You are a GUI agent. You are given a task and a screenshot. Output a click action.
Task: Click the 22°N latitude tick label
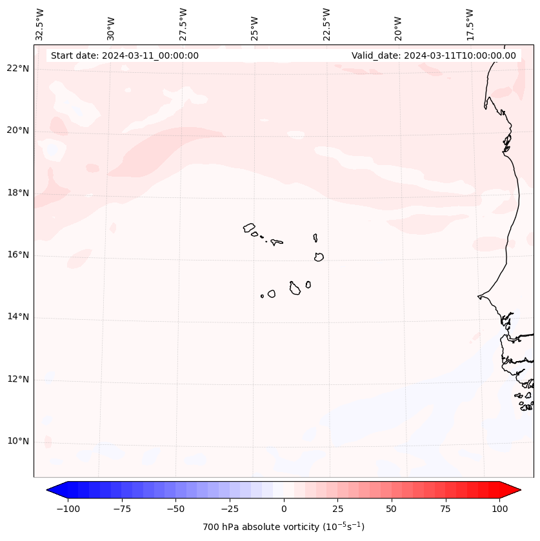[18, 69]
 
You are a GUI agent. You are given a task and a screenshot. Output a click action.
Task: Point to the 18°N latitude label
[18, 193]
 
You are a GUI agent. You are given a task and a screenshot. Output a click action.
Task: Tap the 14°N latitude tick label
[18, 317]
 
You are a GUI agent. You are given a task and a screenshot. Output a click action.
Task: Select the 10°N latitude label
[18, 442]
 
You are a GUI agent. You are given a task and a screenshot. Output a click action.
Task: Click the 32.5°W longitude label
[40, 24]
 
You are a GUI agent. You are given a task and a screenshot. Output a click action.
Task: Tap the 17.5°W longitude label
[470, 24]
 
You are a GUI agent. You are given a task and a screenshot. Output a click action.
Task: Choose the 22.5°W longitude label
[326, 24]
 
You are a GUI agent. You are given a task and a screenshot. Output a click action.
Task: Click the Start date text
[125, 55]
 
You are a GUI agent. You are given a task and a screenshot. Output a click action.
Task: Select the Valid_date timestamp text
[434, 55]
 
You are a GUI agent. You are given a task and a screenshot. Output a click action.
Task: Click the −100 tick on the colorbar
[68, 509]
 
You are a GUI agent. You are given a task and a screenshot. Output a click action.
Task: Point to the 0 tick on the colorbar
[284, 509]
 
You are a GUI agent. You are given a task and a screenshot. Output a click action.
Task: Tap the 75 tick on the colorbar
[446, 509]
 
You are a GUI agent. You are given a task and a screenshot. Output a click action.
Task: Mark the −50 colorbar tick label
[175, 509]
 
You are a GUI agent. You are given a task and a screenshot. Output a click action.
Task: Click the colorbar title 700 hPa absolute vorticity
[284, 527]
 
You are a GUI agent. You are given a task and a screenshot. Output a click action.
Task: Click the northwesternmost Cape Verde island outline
[249, 228]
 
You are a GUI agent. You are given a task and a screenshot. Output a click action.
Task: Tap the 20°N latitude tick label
[18, 131]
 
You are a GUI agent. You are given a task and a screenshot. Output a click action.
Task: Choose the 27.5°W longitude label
[183, 24]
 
